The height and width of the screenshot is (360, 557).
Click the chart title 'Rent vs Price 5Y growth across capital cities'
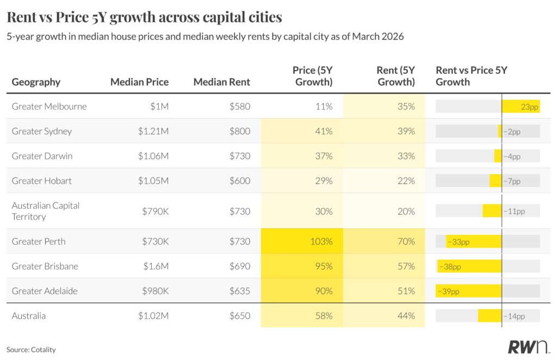pyautogui.click(x=144, y=17)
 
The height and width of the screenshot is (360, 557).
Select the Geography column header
pyautogui.click(x=36, y=82)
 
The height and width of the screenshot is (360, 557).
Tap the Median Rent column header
pyautogui.click(x=222, y=82)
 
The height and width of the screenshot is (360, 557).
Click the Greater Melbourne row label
pyautogui.click(x=49, y=107)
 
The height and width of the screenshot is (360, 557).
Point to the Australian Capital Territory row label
pyautogui.click(x=46, y=211)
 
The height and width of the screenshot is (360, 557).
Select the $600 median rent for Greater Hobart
pyautogui.click(x=239, y=181)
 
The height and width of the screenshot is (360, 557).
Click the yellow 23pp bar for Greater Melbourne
pyautogui.click(x=521, y=107)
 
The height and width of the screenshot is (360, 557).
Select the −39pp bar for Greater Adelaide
pyautogui.click(x=468, y=291)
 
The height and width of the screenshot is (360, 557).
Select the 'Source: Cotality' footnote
pyautogui.click(x=31, y=350)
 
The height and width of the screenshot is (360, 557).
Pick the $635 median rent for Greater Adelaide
pyautogui.click(x=239, y=291)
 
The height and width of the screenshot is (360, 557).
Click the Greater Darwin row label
pyautogui.click(x=42, y=156)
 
